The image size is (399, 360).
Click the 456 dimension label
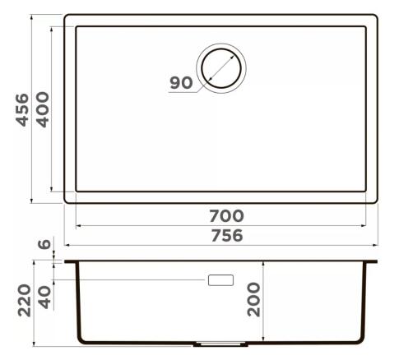coord(22,110)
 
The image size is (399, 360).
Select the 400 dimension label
coord(43,109)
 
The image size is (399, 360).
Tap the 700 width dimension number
coord(226,215)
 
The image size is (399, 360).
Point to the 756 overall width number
coord(227,236)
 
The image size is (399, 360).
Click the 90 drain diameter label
coord(181,83)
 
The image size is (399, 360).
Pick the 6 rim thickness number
coord(44,244)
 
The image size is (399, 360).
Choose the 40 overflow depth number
coord(44,298)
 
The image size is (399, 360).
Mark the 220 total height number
coord(24,301)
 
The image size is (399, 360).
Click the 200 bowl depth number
coord(253,300)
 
